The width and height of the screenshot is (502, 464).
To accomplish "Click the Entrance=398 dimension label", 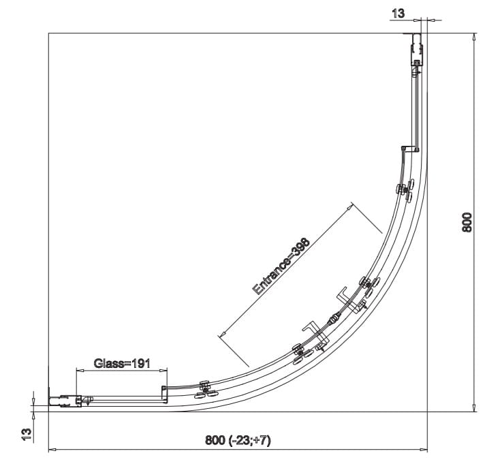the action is pos(281,266).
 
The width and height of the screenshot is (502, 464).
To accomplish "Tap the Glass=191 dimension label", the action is pos(122,363).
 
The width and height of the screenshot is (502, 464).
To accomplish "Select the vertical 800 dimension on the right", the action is pos(467,222).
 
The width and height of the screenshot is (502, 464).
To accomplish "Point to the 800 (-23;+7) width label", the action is pos(238,441).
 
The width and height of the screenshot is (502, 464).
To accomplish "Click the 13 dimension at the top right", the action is pos(398,14).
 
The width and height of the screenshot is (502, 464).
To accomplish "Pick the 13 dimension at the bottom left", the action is pos(27,435).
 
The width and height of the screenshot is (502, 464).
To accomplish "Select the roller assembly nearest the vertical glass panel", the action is pos(406,190).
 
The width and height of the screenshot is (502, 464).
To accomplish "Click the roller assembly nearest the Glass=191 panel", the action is pos(205,390).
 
